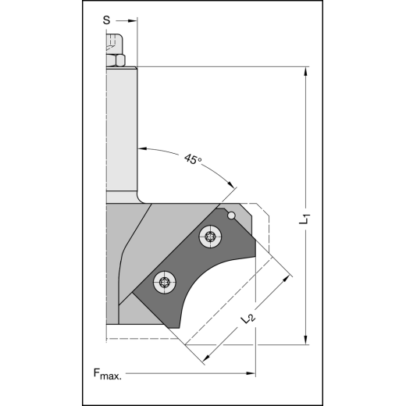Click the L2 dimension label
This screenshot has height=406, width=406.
click(x=248, y=318)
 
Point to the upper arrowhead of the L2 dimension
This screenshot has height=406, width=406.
click(x=287, y=275)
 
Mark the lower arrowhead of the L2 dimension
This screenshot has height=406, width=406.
click(x=208, y=358)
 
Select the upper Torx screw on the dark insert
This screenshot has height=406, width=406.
click(x=208, y=237)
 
